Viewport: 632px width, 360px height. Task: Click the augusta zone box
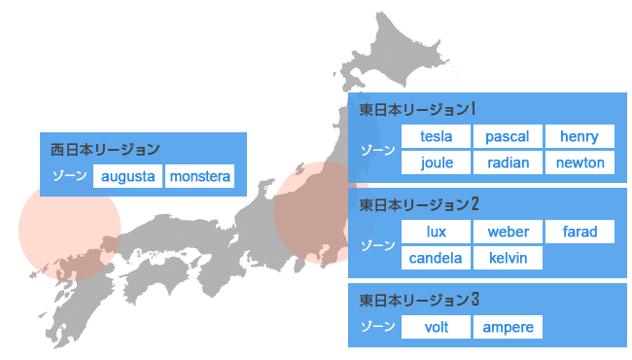click(128, 177)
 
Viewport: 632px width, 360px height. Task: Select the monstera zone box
click(200, 177)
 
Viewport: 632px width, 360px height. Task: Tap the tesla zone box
click(437, 137)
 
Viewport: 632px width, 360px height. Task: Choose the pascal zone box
click(508, 137)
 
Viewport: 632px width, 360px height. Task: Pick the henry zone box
click(580, 137)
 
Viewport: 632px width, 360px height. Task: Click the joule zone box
click(437, 162)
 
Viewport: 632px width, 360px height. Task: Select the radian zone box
click(508, 162)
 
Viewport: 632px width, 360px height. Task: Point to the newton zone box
click(580, 162)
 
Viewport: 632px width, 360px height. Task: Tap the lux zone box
click(437, 233)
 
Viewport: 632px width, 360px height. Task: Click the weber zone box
click(508, 233)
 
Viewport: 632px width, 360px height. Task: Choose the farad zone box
click(580, 233)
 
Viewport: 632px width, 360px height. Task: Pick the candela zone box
click(437, 258)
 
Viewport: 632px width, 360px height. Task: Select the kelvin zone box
click(508, 258)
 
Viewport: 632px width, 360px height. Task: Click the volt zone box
click(437, 327)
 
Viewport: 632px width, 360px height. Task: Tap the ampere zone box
click(508, 327)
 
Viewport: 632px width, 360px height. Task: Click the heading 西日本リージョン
click(105, 150)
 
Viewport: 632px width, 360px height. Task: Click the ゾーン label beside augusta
click(69, 177)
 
